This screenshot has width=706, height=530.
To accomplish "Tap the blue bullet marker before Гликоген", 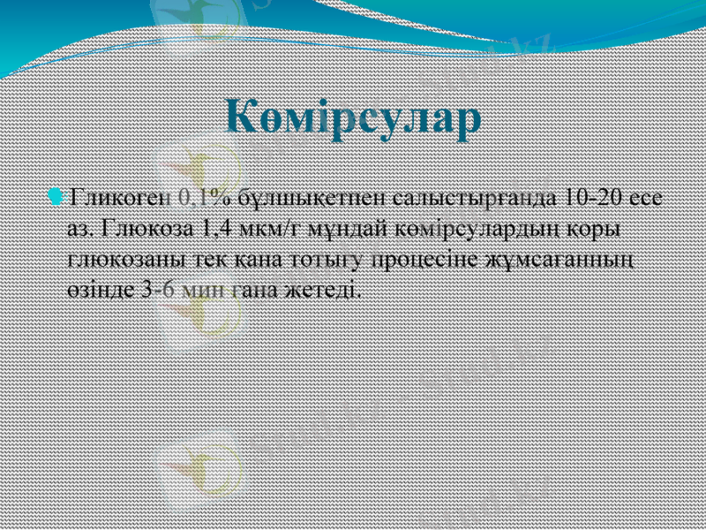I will tap(57, 194).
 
